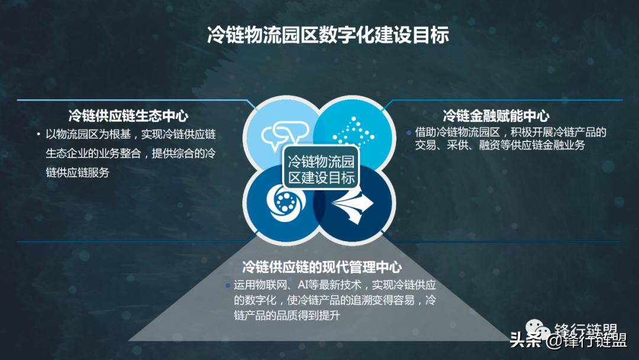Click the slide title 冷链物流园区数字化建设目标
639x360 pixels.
coord(328,35)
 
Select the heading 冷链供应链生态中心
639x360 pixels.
coord(128,115)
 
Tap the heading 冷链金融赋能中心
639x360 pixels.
coord(496,115)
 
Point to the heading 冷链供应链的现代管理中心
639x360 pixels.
coord(322,267)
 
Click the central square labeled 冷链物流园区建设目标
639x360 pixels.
coord(320,170)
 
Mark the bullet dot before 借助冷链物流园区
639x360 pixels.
coord(409,133)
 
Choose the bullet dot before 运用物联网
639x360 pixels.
coord(228,285)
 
